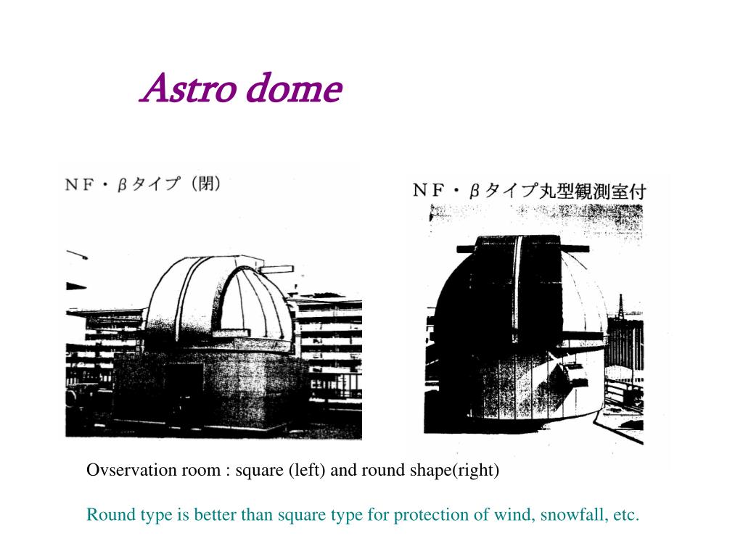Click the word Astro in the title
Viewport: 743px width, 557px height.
tap(189, 88)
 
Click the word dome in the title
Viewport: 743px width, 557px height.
tap(295, 88)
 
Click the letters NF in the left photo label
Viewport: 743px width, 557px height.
tap(79, 184)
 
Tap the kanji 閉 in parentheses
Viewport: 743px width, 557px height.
tap(206, 183)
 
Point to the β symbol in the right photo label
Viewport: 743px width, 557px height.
tap(474, 191)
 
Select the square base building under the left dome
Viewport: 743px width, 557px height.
tap(208, 389)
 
